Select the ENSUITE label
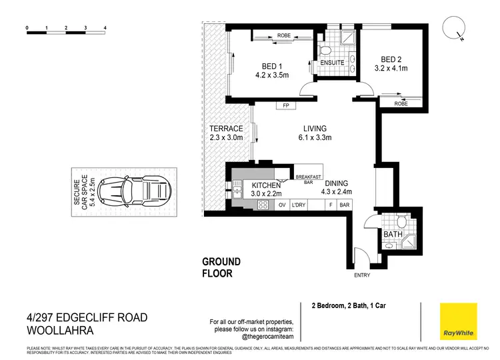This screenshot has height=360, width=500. tap(331, 63)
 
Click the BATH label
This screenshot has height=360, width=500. tap(393, 234)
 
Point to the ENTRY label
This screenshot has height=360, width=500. tap(363, 275)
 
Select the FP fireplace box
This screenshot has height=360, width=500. tap(285, 105)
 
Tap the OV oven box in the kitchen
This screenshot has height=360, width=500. tap(281, 205)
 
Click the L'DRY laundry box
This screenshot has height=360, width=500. tap(297, 205)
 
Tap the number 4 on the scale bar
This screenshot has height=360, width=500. tap(105, 29)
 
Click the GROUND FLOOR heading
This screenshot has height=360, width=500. tap(222, 267)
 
